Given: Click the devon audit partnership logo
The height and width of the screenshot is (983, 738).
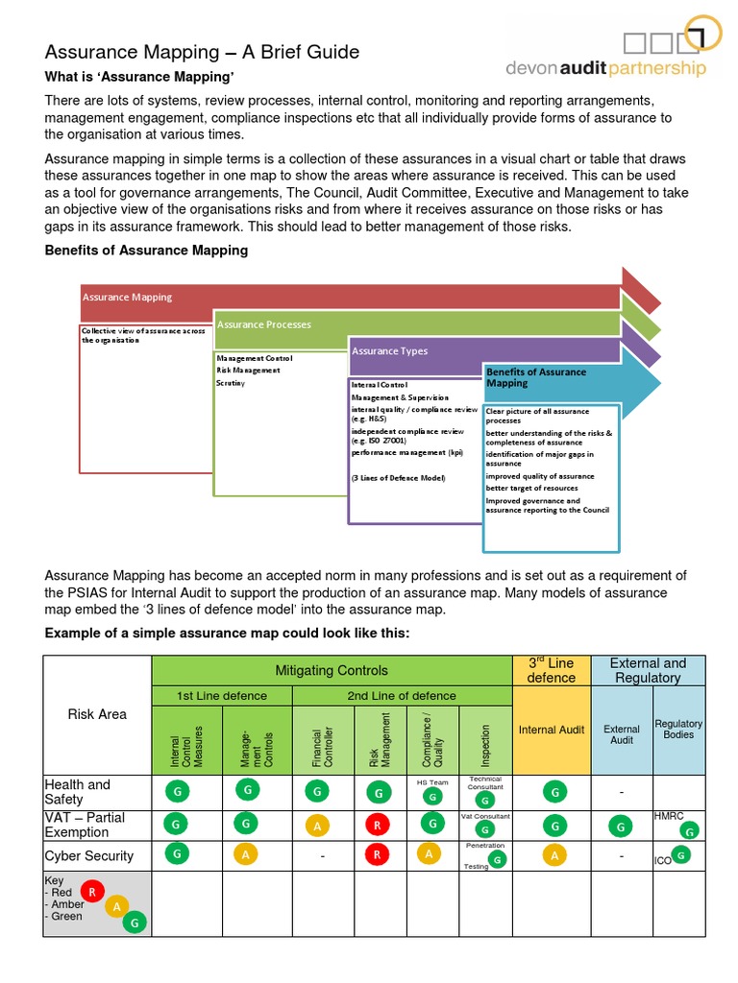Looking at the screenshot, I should coord(620,48).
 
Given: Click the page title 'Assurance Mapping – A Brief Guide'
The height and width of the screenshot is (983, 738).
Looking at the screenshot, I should coord(203,52).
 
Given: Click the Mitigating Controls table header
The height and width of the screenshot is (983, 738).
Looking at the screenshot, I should coord(332,670).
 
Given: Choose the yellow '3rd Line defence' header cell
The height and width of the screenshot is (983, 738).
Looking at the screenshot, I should coord(552,670).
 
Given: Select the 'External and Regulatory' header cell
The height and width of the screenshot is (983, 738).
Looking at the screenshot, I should coord(648,670).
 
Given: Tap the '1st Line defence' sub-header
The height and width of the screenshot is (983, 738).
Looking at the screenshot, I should coord(222,696).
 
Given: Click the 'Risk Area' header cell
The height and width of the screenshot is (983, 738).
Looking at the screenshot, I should coord(97,714).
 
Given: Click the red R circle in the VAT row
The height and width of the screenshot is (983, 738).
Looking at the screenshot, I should coord(379,824).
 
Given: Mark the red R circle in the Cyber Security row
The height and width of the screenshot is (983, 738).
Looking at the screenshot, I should coord(379,854).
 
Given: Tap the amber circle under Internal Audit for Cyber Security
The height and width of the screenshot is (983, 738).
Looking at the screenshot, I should coord(553,854).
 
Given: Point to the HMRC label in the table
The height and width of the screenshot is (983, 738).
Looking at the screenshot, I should coord(669,815).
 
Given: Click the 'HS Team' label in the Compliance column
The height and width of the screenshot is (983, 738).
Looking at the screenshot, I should coord(432,782).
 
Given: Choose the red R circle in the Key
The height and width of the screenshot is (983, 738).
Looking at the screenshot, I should coord(92,891).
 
